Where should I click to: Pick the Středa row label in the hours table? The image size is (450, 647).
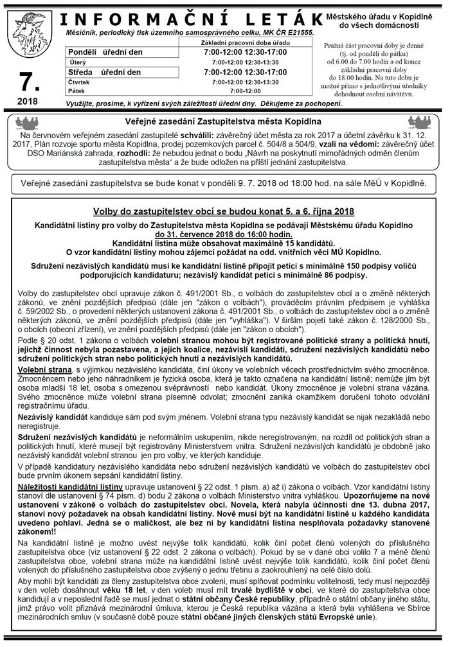(x=81, y=72)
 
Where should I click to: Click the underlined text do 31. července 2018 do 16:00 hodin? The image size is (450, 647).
(x=224, y=235)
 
